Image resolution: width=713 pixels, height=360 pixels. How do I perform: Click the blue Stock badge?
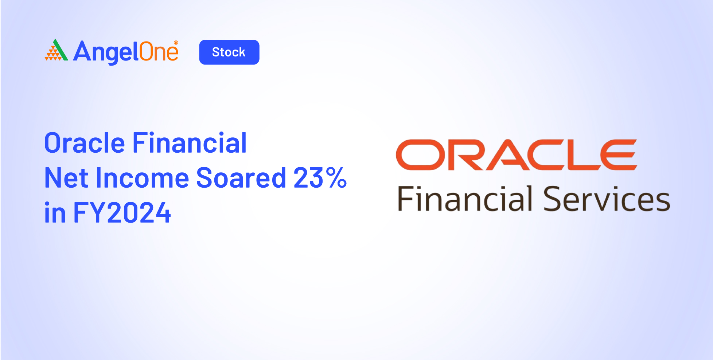coord(229,52)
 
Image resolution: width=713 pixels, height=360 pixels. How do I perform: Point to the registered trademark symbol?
coord(176,43)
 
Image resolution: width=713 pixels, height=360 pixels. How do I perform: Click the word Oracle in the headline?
coord(85,143)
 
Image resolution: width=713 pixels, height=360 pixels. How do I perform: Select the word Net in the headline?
coord(66,178)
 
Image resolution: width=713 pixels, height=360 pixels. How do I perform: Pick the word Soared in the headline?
coord(241,178)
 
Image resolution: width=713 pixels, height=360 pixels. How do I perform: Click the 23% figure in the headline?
coord(320,178)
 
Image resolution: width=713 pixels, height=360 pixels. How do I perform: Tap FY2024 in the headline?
coord(122,213)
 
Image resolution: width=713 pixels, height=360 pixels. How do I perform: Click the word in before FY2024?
coord(55,212)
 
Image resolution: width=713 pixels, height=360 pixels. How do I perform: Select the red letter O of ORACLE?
coord(421,155)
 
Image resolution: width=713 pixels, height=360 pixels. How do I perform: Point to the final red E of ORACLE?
coord(619,155)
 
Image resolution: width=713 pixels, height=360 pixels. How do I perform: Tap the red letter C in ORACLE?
coord(548,155)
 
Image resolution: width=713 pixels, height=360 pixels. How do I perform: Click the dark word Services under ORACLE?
coord(607,199)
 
